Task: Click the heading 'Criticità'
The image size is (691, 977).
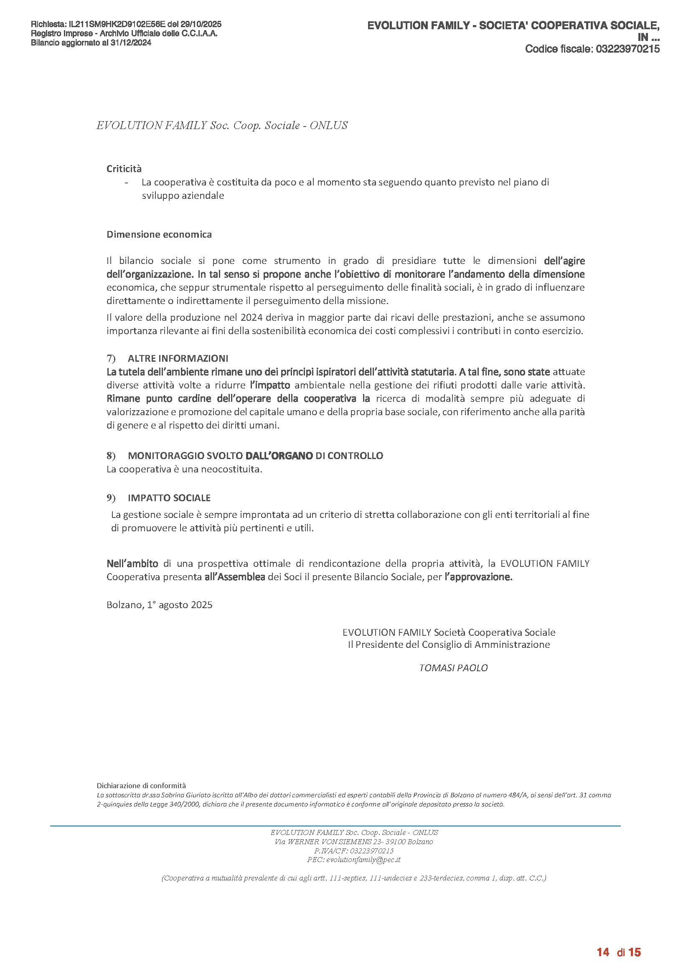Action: point(124,169)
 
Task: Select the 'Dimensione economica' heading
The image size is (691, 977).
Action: point(159,234)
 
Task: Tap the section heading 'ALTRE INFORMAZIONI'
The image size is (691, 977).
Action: point(178,358)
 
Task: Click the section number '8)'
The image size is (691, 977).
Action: point(111,456)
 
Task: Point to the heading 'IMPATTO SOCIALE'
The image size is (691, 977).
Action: point(169,498)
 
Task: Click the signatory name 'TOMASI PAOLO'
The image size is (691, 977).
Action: point(453,668)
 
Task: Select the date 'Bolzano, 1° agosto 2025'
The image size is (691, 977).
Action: point(159,605)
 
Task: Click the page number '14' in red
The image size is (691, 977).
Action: point(603,952)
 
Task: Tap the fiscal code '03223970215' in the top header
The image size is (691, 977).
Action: point(627,49)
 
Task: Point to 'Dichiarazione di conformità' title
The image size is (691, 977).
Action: point(141,786)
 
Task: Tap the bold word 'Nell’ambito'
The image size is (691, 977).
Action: point(132,563)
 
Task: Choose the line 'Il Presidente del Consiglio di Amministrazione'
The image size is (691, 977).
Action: point(448,645)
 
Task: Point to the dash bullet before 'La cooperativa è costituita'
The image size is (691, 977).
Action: point(126,183)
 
